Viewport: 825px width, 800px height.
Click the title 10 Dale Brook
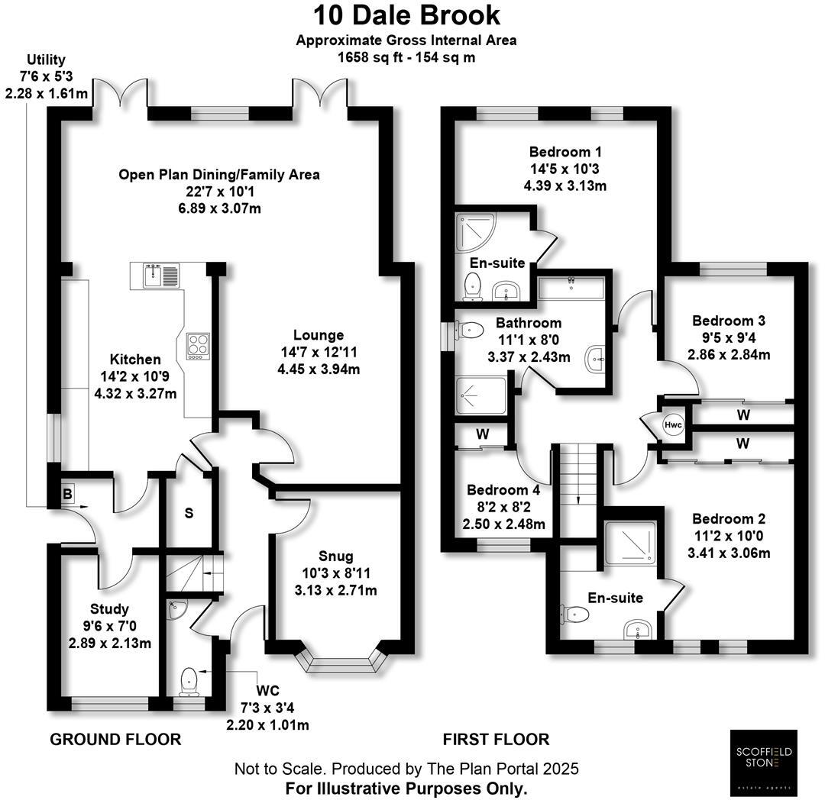[x=406, y=15]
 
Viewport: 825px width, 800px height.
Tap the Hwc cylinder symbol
[x=673, y=425]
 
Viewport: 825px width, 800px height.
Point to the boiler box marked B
[x=67, y=495]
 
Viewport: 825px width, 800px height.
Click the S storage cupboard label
[x=188, y=513]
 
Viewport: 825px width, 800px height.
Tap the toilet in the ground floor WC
[x=189, y=680]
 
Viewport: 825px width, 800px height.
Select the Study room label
[x=109, y=609]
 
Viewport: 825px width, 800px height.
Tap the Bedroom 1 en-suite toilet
[x=473, y=286]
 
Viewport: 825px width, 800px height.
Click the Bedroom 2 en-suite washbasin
[x=636, y=630]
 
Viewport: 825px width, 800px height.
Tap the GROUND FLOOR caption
[x=115, y=739]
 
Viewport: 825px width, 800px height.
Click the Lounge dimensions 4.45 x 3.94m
[x=319, y=369]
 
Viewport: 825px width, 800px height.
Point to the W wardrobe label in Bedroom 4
[x=483, y=434]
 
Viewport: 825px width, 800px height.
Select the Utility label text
[x=47, y=60]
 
